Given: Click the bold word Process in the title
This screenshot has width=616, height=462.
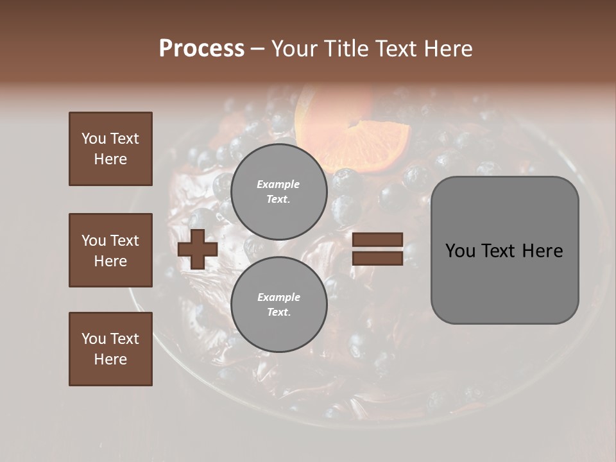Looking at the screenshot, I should [201, 48].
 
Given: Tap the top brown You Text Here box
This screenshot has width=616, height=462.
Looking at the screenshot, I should [110, 149].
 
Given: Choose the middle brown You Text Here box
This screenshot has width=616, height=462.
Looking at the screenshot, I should [110, 250].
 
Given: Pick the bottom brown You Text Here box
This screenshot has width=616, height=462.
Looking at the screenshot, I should [110, 349].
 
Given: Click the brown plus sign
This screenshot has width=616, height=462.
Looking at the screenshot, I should [198, 249].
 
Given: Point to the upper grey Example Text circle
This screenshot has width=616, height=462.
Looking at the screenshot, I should [279, 191].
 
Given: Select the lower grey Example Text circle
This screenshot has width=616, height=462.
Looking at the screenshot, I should [279, 304].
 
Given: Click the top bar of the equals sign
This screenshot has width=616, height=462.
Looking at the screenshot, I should [377, 240].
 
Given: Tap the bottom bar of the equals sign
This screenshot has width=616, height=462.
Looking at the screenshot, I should [377, 258].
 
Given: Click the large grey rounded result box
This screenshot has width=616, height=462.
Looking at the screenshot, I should [504, 250].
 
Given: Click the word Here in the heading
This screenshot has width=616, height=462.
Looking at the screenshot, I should [449, 48].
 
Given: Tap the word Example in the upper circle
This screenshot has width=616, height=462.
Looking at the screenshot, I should [278, 184].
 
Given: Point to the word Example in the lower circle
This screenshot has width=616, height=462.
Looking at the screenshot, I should [278, 297].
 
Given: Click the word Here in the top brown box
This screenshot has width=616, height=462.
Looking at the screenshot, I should [110, 159].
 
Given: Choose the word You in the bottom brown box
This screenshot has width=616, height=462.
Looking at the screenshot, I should [94, 338].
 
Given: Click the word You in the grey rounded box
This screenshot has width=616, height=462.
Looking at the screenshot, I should [460, 250].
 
